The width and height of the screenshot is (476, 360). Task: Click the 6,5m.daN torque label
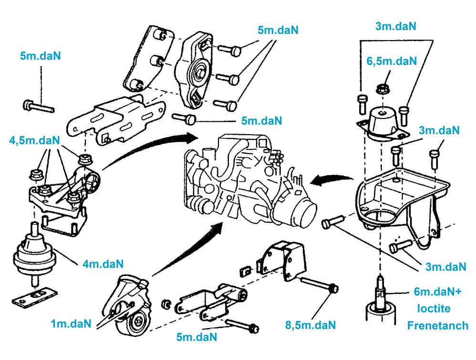(x=391, y=61)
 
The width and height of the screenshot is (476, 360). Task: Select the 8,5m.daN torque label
(x=310, y=325)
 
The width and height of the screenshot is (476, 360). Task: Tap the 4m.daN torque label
(x=103, y=264)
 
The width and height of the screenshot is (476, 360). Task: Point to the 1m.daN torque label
(x=71, y=324)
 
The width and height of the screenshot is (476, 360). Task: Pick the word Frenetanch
(x=437, y=326)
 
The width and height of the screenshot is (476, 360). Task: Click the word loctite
(x=434, y=308)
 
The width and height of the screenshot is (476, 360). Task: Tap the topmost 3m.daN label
(x=396, y=27)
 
